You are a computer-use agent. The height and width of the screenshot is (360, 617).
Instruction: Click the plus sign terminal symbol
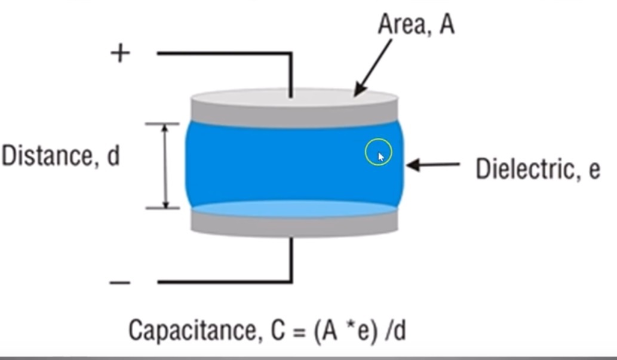point(120,54)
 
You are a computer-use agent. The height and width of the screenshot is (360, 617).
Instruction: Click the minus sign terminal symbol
point(120,282)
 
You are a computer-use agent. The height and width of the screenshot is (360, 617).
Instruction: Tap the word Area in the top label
point(401,25)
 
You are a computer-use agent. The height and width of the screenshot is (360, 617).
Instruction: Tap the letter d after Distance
point(113,156)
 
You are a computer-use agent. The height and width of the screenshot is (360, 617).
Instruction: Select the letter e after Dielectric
point(594,171)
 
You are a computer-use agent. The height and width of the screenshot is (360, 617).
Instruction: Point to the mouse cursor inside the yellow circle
point(381,156)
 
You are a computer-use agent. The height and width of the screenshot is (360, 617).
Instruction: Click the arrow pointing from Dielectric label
point(433,165)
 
